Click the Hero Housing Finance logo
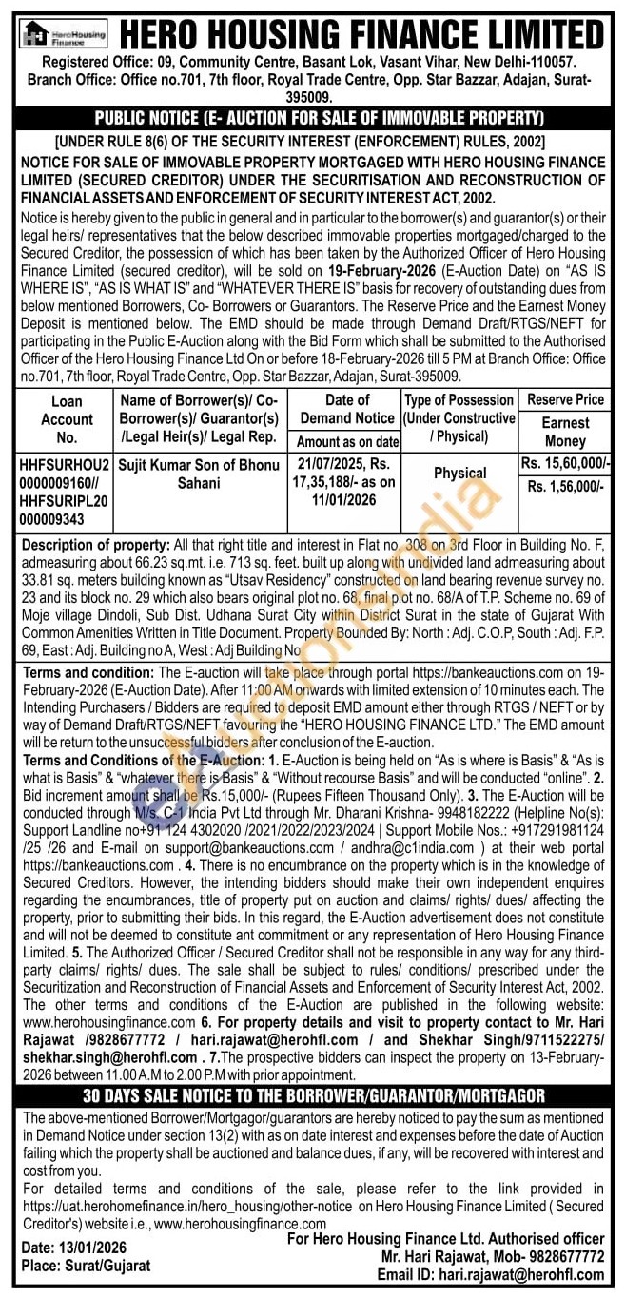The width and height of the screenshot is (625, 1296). pos(64,35)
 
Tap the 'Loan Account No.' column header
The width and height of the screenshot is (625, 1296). pos(67,419)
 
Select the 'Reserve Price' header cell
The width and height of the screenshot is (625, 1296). pos(565,399)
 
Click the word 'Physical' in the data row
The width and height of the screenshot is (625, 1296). pos(459,473)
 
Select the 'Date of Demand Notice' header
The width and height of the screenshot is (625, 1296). pos(346,409)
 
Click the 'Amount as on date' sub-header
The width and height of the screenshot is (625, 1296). pos(347,441)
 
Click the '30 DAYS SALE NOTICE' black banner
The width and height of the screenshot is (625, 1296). pos(312,1096)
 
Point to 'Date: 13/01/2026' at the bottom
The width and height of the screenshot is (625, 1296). pos(73,1248)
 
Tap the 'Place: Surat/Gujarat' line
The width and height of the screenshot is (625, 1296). pos(86,1266)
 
